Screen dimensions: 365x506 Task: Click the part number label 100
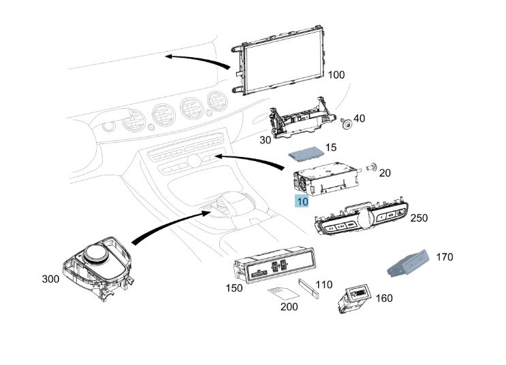point(336,75)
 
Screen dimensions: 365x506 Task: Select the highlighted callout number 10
point(302,201)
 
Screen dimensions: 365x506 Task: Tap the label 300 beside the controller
point(51,279)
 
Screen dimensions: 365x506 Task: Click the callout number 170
point(444,257)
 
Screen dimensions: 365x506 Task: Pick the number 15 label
point(331,147)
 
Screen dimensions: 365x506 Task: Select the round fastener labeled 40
point(347,124)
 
